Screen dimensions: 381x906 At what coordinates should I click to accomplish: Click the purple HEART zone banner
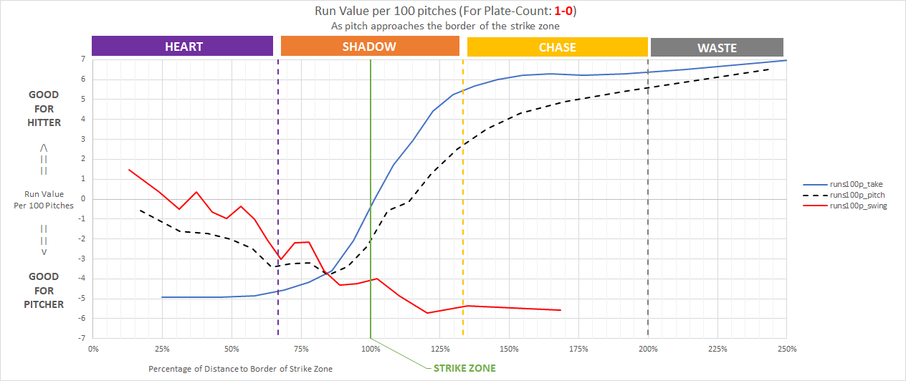click(183, 47)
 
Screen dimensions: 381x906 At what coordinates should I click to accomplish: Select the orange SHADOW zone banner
click(369, 47)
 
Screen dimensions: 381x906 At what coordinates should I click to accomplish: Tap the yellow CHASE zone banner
click(557, 48)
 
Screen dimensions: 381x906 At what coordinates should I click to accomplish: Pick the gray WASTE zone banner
click(717, 48)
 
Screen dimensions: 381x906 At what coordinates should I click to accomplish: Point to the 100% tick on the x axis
click(371, 349)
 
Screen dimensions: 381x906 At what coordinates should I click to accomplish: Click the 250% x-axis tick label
click(786, 349)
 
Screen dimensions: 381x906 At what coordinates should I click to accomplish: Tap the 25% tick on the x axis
click(163, 349)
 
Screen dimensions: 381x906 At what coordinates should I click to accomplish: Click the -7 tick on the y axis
click(82, 338)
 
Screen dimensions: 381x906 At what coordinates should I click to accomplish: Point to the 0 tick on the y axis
click(84, 198)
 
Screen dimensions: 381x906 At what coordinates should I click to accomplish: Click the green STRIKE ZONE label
click(464, 368)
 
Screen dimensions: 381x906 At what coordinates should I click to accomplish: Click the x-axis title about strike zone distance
click(241, 368)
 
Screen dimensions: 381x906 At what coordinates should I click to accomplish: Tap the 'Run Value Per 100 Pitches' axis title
click(44, 200)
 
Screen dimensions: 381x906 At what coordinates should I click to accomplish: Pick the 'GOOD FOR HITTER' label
click(44, 108)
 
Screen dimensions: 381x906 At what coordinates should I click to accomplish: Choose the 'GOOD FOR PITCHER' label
click(44, 290)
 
